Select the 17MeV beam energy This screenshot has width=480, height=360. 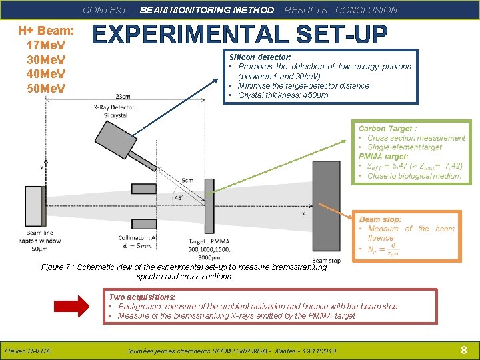tap(45, 46)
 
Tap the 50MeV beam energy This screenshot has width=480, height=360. tap(45, 88)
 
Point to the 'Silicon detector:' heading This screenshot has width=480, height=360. tap(259, 57)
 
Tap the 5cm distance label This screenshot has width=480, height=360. tap(188, 179)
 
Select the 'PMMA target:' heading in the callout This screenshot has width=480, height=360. tap(383, 157)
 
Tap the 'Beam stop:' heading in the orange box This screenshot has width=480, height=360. tap(381, 219)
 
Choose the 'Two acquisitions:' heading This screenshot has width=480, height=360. tap(142, 297)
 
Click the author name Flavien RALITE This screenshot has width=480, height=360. tap(27, 351)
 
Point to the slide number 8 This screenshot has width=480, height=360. tap(463, 350)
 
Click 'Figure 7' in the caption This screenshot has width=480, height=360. tap(56, 267)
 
